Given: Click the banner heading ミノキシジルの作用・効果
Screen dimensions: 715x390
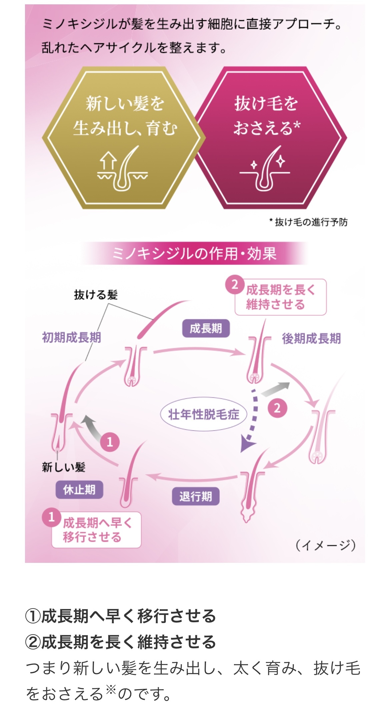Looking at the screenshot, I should click(194, 253).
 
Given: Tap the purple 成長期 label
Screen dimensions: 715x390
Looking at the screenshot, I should click(206, 328).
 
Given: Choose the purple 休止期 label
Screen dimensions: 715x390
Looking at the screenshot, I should click(79, 489).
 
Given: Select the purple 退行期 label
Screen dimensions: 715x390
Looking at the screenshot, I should click(195, 496).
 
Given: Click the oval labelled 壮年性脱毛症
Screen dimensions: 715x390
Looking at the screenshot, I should click(204, 414).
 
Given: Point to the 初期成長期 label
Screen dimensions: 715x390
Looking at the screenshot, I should click(71, 337).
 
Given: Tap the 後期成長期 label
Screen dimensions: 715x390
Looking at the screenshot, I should click(311, 338).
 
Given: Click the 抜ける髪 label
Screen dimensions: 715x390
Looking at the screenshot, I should click(96, 295).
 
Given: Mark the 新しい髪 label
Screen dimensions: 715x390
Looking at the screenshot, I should click(64, 467).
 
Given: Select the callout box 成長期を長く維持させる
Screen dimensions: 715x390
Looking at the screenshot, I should click(280, 297).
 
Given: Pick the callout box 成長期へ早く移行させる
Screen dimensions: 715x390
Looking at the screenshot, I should click(96, 530).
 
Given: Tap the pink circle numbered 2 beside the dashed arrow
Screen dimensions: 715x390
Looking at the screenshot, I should click(277, 408).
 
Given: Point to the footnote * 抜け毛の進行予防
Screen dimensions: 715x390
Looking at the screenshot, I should click(308, 222).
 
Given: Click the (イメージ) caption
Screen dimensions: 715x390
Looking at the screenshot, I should click(325, 545).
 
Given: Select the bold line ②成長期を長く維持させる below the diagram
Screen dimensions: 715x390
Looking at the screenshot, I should click(121, 642).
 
